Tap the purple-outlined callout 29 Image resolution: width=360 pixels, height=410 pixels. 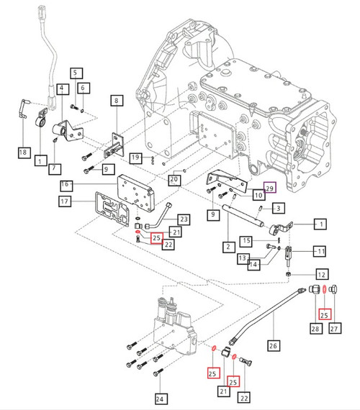[269, 188]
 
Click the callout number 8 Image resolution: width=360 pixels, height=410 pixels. [76, 73]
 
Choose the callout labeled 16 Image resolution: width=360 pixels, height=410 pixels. [84, 88]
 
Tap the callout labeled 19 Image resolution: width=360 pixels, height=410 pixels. [135, 158]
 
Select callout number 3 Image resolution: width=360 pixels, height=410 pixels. [275, 209]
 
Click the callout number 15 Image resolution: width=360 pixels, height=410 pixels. [246, 240]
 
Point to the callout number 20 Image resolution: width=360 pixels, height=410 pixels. [174, 179]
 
